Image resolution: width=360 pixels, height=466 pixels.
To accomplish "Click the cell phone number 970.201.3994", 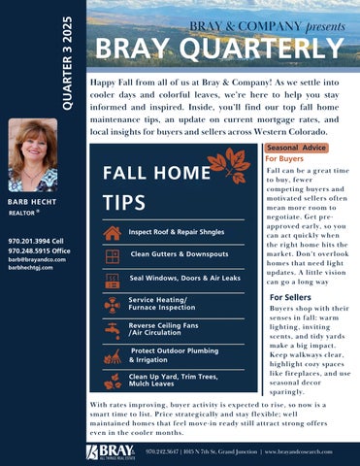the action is (35, 239).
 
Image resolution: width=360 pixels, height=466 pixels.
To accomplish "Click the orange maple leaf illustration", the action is (237, 162).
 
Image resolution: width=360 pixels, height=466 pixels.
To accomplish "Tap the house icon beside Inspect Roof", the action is (113, 233).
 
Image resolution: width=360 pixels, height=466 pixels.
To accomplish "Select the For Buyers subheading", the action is (285, 158).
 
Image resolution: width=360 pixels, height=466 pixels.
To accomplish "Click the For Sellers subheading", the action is (290, 297).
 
